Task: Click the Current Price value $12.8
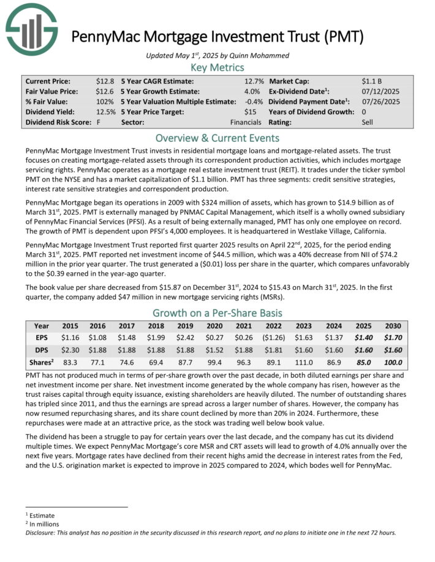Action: tap(105, 81)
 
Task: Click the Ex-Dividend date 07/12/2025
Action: tap(380, 92)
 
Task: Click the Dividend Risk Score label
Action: tap(58, 123)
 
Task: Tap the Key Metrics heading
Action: tap(217, 68)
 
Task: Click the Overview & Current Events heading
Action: tap(217, 138)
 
